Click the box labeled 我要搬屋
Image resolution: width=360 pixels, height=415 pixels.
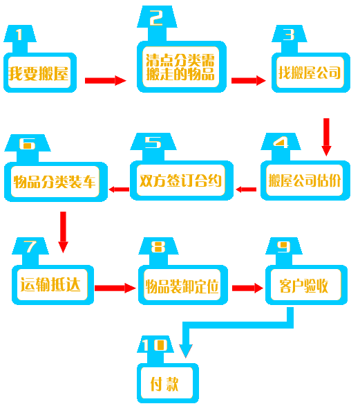pos(40,73)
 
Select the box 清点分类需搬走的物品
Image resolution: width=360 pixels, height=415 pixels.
pos(182,66)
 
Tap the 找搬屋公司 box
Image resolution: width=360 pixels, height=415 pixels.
pos(311,73)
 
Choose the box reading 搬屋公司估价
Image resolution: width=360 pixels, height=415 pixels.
pos(305,181)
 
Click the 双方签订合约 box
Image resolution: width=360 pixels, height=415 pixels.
pos(182,181)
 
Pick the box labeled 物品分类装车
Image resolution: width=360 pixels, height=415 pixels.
pos(56,182)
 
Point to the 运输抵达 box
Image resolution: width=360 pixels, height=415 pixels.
pos(53,285)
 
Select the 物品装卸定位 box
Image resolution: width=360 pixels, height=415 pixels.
pos(183,285)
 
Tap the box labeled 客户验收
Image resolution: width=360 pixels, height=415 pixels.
pos(306,285)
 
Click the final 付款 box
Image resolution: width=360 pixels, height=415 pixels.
pos(168,383)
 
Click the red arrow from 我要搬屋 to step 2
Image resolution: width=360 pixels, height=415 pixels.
pos(106,80)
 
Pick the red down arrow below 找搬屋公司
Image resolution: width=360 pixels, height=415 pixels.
pos(326,137)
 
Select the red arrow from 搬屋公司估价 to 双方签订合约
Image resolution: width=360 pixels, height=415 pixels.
pos(246,190)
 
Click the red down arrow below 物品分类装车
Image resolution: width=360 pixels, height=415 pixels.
pos(63,232)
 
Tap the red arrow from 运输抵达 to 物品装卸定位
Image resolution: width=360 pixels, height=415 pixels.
pos(115,288)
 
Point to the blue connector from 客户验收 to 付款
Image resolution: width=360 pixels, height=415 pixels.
pos(238,325)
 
